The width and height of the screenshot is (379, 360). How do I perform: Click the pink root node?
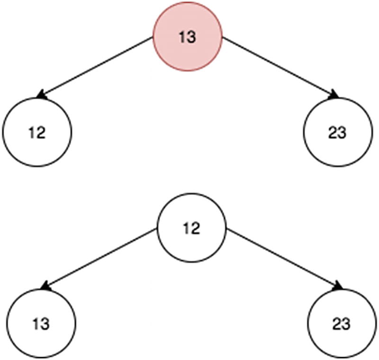188,36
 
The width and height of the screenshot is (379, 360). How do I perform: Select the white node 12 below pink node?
37,132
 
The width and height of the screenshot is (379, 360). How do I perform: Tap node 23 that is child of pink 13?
337,132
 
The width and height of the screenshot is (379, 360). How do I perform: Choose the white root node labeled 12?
191,228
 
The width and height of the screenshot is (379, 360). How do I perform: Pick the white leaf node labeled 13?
41,324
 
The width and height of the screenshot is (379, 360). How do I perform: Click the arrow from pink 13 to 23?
280,66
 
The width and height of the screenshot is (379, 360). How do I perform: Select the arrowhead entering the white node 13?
45,286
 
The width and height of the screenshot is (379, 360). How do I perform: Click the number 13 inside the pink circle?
188,37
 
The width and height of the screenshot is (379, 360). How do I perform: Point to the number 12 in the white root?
191,229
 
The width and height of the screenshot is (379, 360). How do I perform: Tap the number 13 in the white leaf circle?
41,324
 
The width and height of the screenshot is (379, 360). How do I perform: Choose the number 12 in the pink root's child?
37,133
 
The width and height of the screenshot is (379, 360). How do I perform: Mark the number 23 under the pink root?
337,133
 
